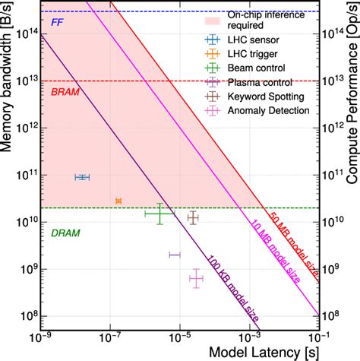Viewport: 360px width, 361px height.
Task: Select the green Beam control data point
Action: (x=159, y=214)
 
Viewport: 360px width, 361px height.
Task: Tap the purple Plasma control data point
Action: (x=175, y=255)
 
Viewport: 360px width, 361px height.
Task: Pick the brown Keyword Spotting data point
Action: (x=193, y=218)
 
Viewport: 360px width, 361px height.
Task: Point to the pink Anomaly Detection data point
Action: (x=196, y=279)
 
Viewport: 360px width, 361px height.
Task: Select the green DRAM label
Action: (x=63, y=233)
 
